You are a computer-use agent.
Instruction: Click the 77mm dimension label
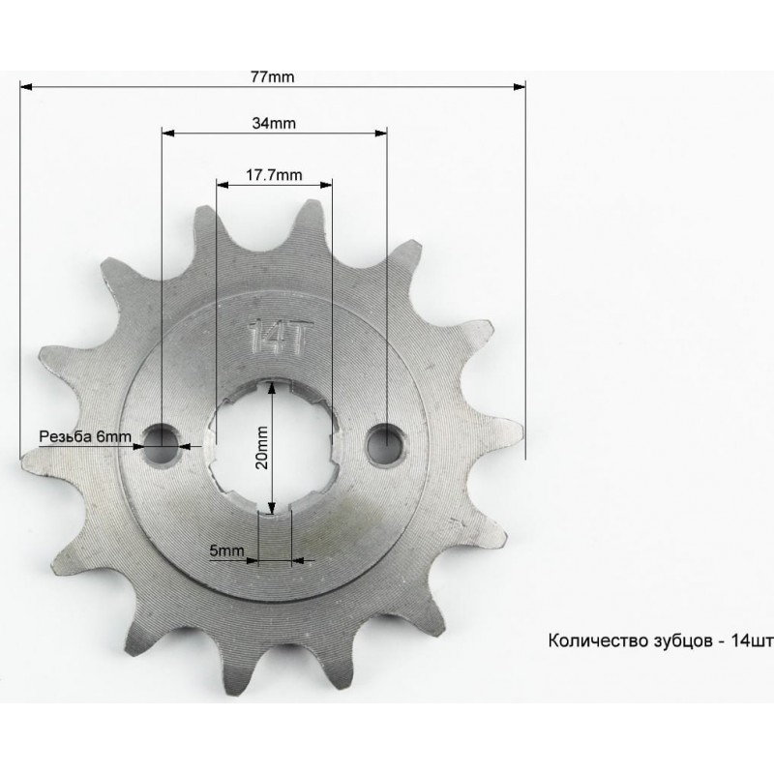273,77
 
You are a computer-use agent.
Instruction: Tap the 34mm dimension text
274,123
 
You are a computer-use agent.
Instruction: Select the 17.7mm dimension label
275,175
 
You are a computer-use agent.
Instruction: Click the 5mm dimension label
226,551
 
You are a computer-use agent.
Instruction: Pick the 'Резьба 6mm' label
85,436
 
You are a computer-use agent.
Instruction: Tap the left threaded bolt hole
161,443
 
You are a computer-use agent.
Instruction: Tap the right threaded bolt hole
386,443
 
